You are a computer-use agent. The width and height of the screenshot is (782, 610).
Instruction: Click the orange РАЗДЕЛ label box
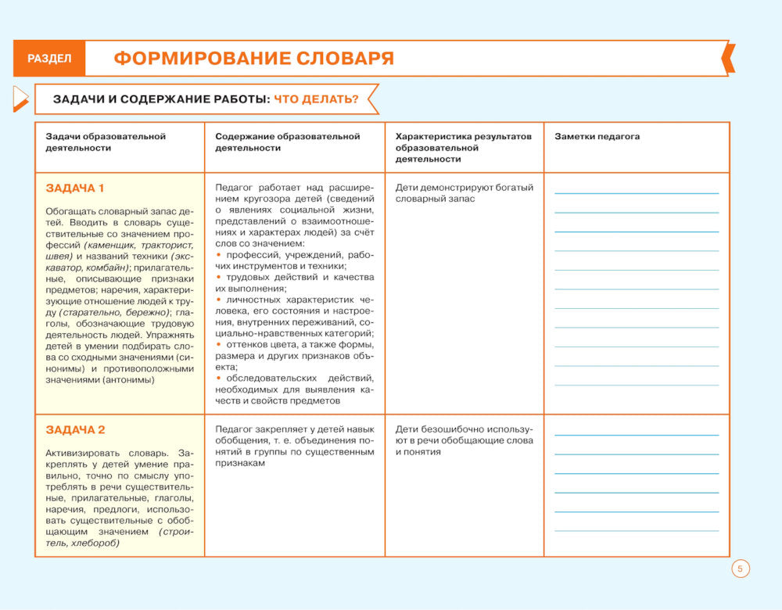point(48,59)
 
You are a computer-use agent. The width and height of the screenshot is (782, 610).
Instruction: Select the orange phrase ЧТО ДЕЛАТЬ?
point(316,99)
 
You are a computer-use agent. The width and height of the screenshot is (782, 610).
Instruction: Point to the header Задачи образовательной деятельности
point(106,142)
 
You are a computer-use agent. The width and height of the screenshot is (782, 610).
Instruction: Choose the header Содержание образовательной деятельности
point(287,142)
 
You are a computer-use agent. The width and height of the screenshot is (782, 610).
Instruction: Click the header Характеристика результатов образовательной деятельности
point(463,147)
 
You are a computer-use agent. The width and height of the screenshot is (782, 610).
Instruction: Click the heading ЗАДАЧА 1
point(75,188)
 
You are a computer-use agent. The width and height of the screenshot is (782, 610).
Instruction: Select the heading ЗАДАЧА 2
point(75,429)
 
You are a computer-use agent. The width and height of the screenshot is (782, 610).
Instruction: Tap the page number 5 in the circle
point(741,569)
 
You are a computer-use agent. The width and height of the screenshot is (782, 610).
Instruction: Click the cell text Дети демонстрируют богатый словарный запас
point(464,193)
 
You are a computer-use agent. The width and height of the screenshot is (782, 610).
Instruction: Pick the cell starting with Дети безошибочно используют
point(464,440)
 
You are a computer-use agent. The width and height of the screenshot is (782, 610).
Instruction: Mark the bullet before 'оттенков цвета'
point(218,345)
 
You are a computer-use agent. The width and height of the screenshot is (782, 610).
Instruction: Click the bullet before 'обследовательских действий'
point(218,379)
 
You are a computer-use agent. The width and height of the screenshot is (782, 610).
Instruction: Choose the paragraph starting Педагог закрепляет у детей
point(294,446)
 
